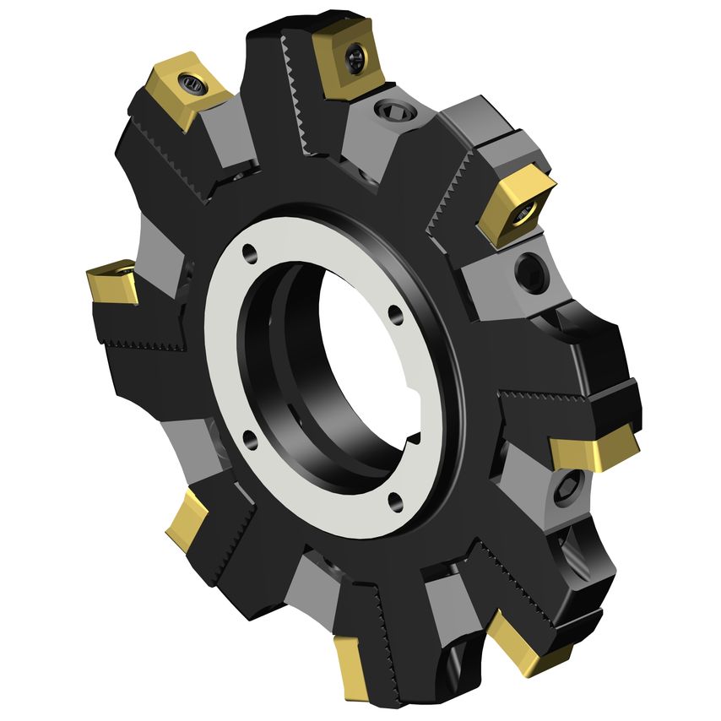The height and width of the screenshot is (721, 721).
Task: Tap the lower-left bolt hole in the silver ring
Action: (249, 436)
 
